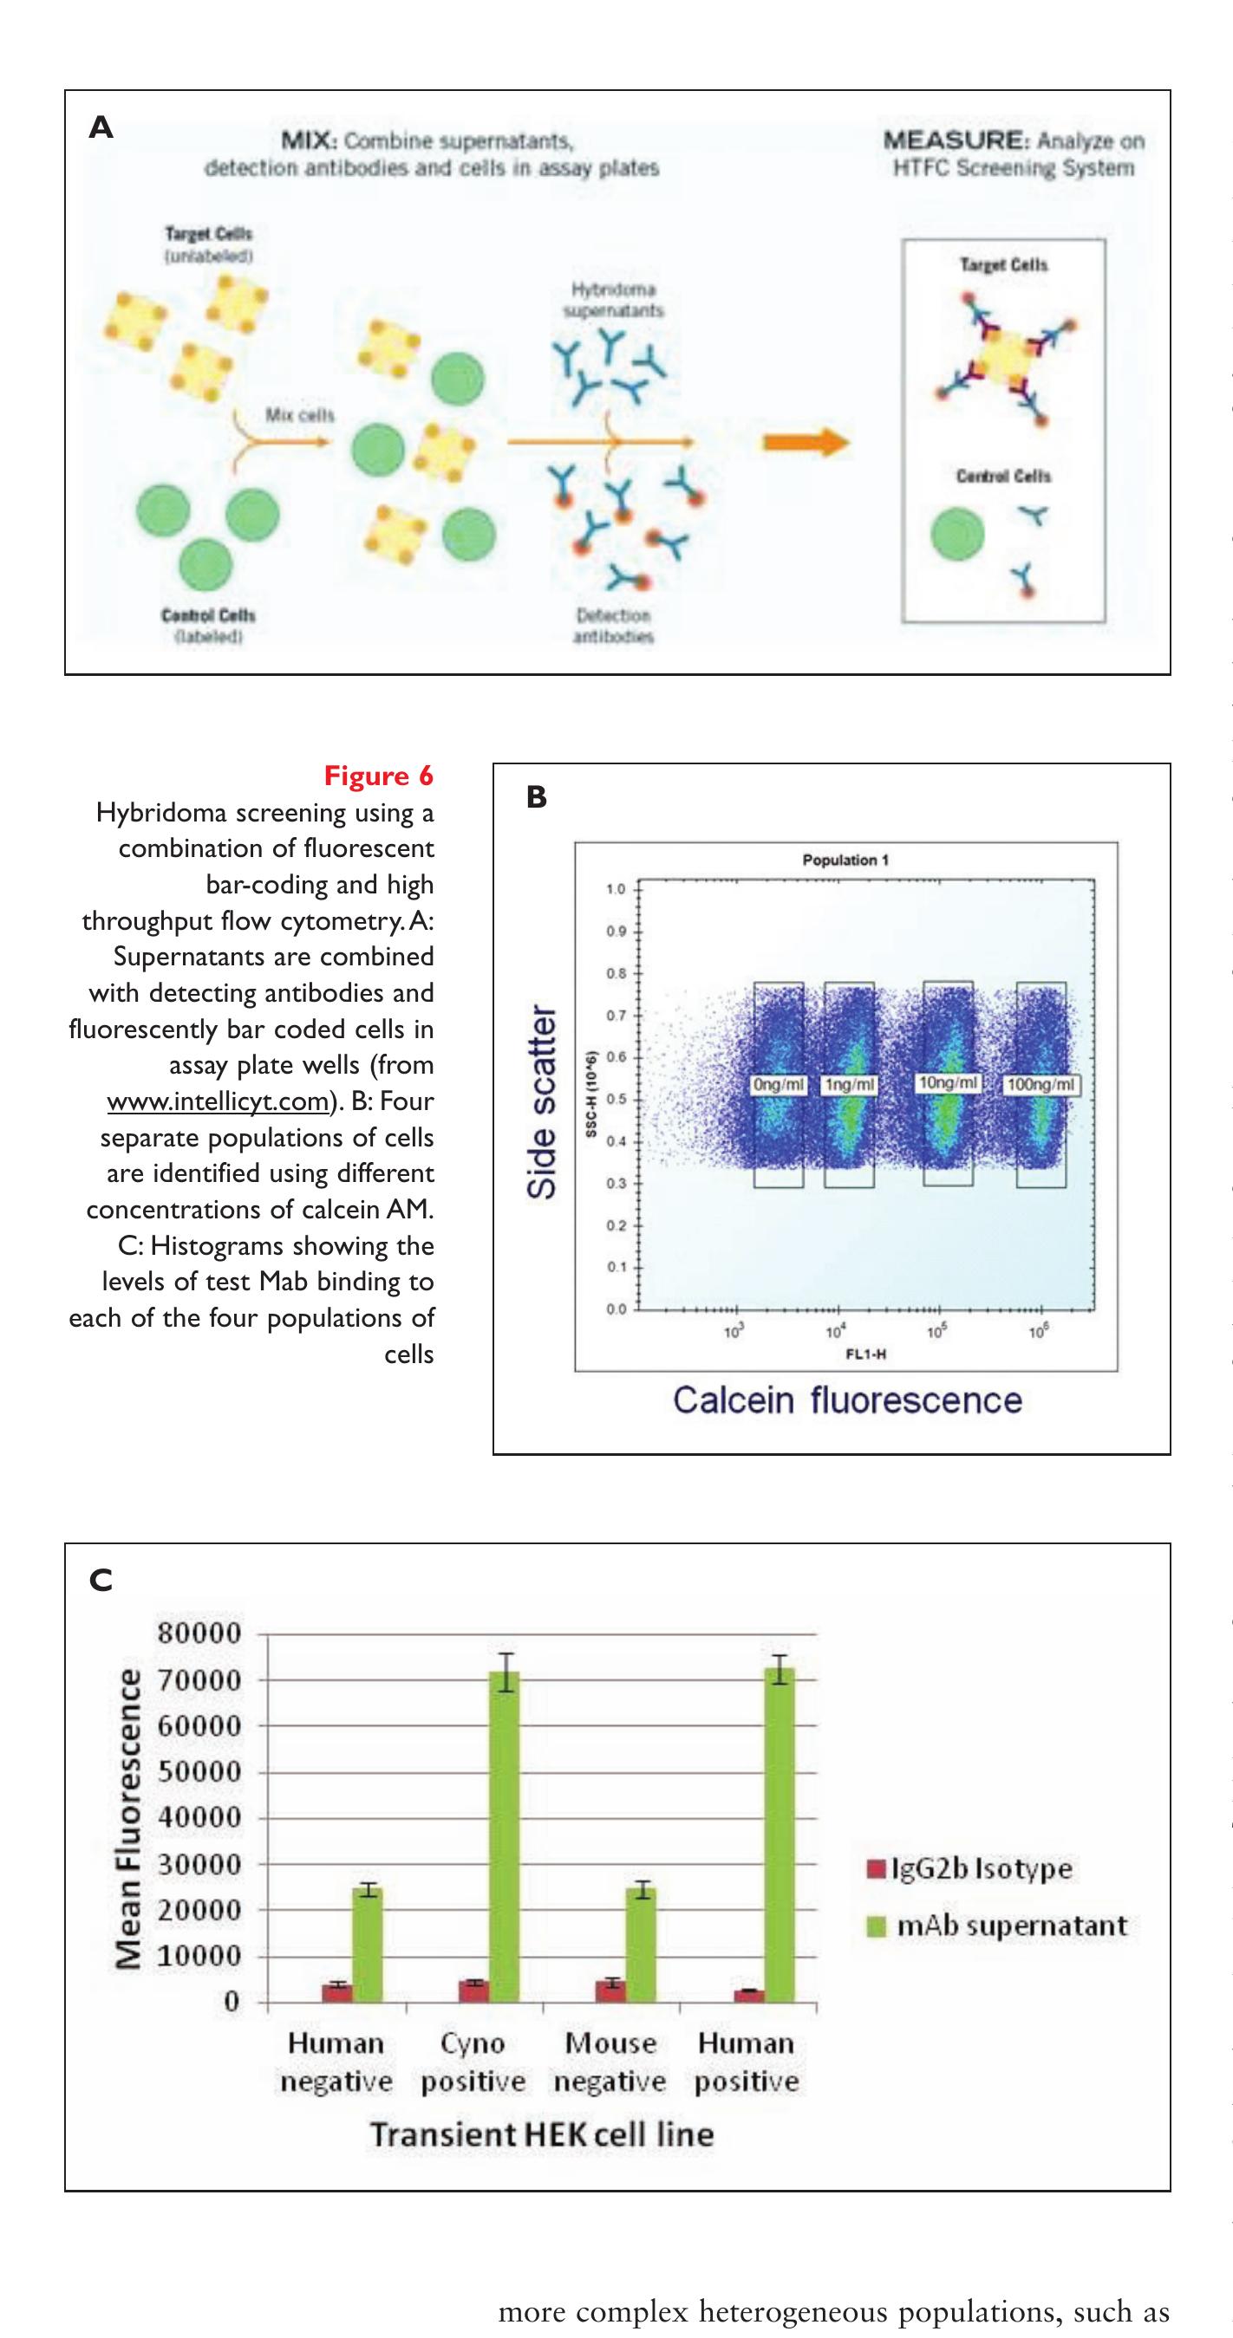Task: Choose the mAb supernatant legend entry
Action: click(x=999, y=1926)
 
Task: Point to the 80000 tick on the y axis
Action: click(x=199, y=1633)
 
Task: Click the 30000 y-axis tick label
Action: click(x=199, y=1864)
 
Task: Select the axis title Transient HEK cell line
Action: click(x=542, y=2133)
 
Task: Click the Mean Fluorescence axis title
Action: click(x=129, y=1820)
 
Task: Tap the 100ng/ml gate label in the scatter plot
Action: click(x=1041, y=1085)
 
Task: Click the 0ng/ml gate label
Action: click(x=779, y=1085)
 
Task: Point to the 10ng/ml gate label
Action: click(x=948, y=1083)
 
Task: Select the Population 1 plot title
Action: click(x=845, y=860)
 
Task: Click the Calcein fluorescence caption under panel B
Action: click(x=846, y=1400)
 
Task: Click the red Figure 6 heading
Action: click(x=379, y=776)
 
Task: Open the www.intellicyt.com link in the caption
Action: click(x=218, y=1101)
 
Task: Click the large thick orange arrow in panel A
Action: click(x=805, y=443)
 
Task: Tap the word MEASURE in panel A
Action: click(x=952, y=140)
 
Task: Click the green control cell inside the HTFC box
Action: click(x=957, y=534)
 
